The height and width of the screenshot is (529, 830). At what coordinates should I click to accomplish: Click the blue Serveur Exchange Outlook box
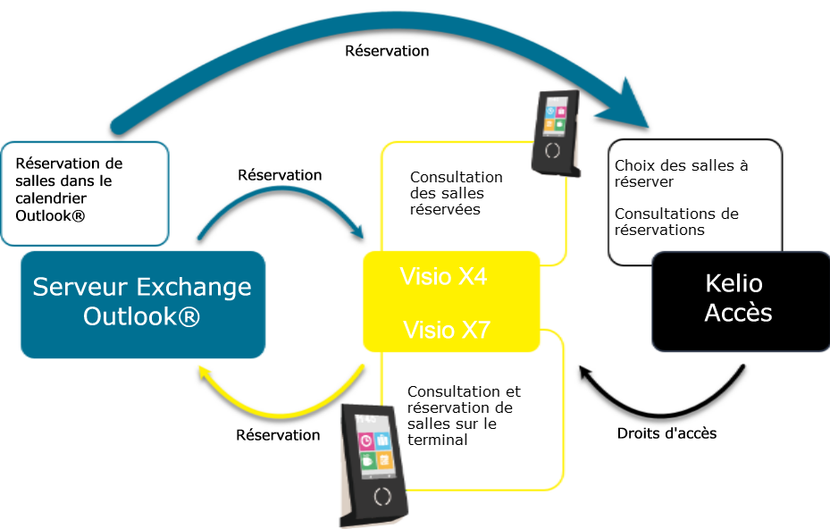[x=142, y=304]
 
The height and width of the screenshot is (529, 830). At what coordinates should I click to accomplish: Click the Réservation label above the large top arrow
[x=387, y=51]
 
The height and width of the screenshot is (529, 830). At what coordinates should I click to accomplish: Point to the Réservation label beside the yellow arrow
[x=278, y=435]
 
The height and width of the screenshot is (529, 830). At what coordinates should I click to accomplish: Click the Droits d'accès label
[x=667, y=433]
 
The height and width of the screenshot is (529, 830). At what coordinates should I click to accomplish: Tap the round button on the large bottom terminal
[x=382, y=496]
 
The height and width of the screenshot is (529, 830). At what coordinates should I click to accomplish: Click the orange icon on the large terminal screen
[x=384, y=461]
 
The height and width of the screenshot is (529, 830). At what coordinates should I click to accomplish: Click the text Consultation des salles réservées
[x=456, y=193]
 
